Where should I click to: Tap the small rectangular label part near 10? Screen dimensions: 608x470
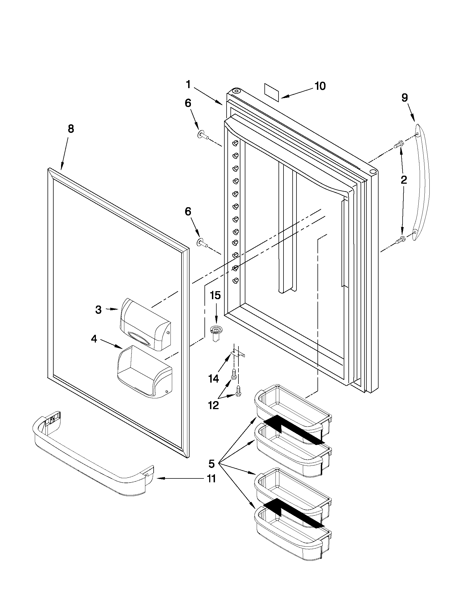[x=272, y=91]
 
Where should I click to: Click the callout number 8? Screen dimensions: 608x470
[x=71, y=129]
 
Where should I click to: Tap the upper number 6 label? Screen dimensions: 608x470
[x=188, y=103]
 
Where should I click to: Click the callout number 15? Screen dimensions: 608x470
[x=215, y=295]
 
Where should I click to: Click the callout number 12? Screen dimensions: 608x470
[x=214, y=406]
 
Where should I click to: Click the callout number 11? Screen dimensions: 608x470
[x=212, y=479]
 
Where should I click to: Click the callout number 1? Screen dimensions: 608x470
[x=188, y=84]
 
